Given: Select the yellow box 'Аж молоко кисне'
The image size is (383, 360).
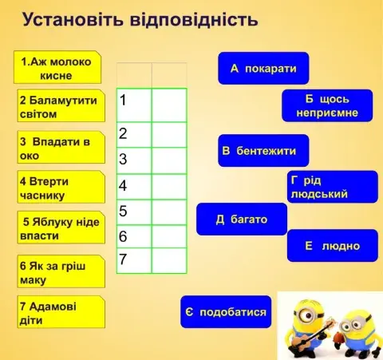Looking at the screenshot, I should [57, 68].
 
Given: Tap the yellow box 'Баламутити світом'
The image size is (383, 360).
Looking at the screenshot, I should [59, 107].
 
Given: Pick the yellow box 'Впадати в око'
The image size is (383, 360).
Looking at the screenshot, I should [59, 148].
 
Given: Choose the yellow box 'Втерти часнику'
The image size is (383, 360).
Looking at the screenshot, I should [59, 188].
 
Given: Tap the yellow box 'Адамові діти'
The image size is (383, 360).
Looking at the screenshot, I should [59, 313].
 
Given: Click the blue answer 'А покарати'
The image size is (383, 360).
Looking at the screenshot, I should [263, 69].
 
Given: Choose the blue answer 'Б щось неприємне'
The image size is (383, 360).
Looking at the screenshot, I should [327, 106].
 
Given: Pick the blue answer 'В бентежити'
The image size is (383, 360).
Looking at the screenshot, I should [263, 150].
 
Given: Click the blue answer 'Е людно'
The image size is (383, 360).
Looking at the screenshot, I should [332, 246].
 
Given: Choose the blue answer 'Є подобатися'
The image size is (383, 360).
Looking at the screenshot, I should [226, 311].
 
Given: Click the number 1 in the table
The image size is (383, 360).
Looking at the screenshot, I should [124, 101].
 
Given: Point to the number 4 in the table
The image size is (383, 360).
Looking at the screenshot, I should [124, 186].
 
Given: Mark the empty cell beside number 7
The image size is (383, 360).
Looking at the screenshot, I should [168, 260].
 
